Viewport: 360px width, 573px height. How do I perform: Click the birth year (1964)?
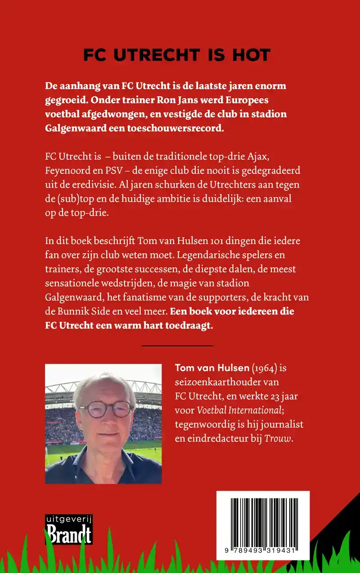[x=264, y=368]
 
